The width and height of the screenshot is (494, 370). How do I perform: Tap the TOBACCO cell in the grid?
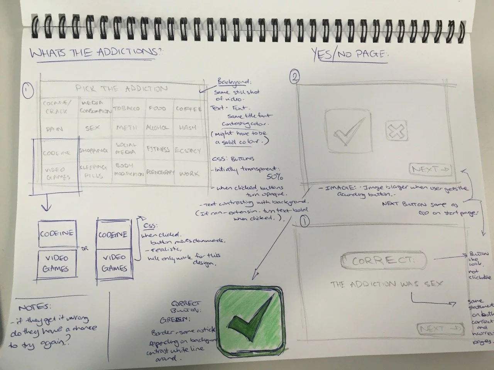click(126, 108)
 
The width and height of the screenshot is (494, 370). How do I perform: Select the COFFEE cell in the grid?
click(188, 109)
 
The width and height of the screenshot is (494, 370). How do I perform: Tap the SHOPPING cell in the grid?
click(93, 151)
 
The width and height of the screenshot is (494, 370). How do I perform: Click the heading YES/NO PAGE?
click(349, 54)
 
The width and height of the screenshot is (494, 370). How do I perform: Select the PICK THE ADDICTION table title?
click(122, 89)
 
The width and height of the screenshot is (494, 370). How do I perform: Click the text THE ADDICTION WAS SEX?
click(387, 284)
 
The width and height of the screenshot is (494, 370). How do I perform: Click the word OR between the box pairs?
click(85, 249)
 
